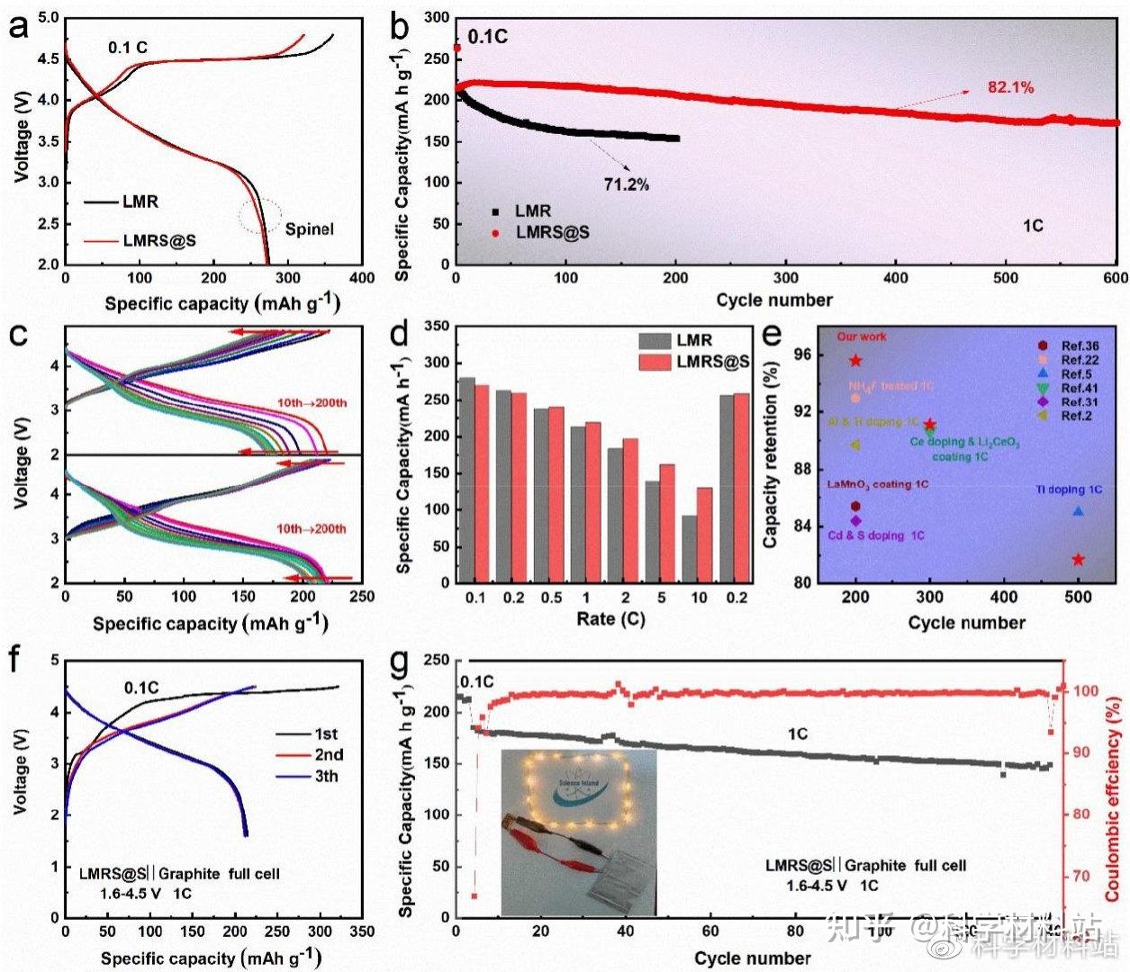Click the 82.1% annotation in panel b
coord(1010,87)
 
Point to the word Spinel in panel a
coord(309,229)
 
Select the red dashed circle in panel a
coord(260,216)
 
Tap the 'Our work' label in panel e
coord(862,337)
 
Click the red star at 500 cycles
coord(1078,560)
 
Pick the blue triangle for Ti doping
coord(1078,511)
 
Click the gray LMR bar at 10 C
coord(690,549)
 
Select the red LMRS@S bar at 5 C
coord(667,523)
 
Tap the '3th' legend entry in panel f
coord(326,776)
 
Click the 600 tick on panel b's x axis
coord(1116,278)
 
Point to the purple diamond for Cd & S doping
coord(855,520)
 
